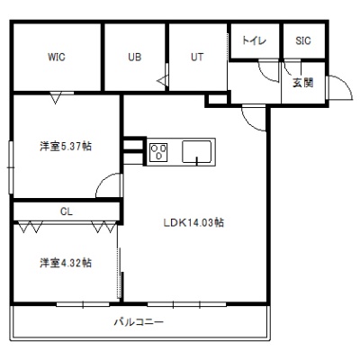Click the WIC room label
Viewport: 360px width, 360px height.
[57, 57]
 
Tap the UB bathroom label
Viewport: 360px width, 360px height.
[135, 57]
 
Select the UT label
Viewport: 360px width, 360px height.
[197, 57]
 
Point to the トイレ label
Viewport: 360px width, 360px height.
[254, 40]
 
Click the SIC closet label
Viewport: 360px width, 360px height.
[303, 40]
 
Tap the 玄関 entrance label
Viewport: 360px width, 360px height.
[303, 83]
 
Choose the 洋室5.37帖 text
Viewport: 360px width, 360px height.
[66, 147]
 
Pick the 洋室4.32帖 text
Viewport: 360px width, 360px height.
[66, 263]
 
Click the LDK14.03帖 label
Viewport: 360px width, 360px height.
[193, 222]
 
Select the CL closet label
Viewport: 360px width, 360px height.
[67, 211]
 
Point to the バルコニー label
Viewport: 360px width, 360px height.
[139, 322]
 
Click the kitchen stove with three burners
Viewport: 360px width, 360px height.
[159, 152]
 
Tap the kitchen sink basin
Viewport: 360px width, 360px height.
[196, 152]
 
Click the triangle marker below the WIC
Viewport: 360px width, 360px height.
[56, 98]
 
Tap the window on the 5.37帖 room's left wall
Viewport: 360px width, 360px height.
[11, 167]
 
